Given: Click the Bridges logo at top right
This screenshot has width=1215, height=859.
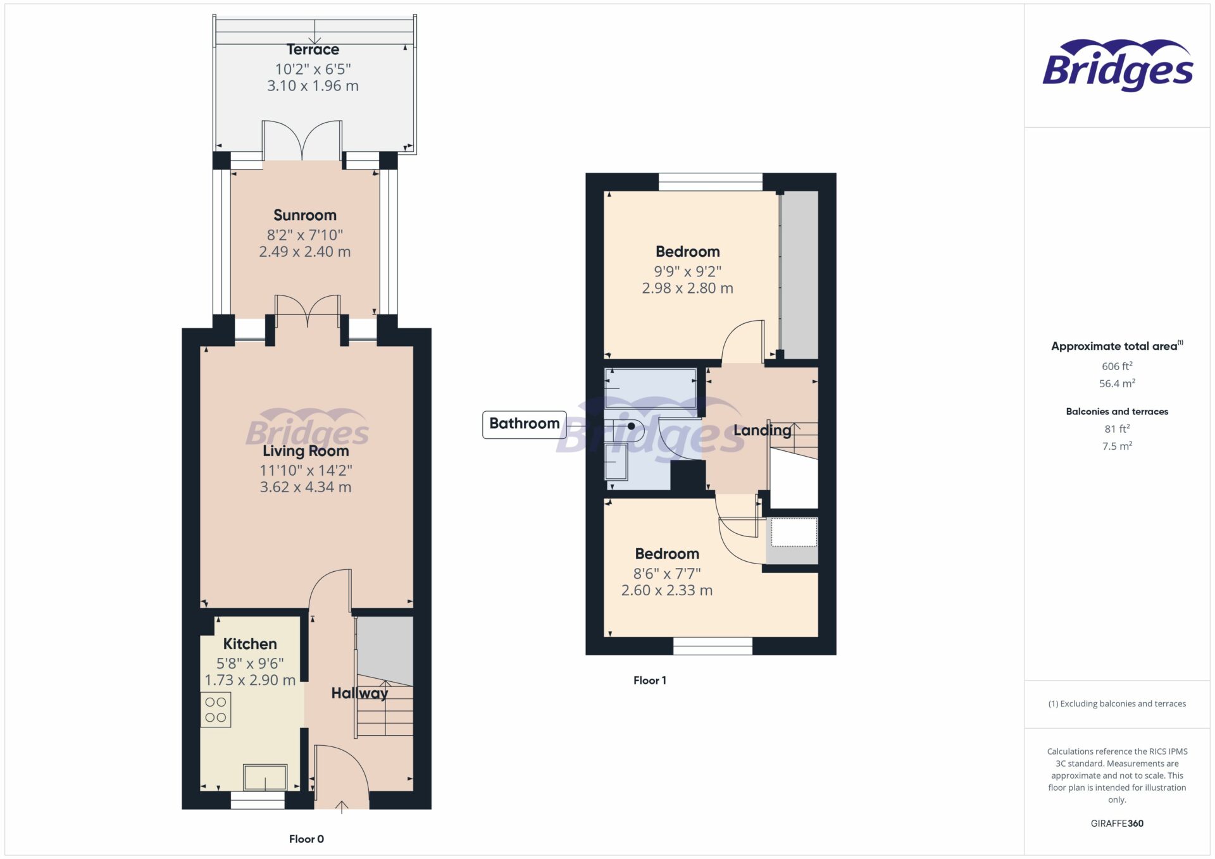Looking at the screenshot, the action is (1118, 65).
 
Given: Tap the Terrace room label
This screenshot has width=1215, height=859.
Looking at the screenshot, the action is (313, 49).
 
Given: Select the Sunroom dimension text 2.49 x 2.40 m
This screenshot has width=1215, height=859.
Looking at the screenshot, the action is (304, 252).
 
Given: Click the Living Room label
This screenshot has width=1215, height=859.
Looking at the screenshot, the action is (306, 451).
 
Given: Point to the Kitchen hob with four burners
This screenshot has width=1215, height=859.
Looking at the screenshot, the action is (216, 710).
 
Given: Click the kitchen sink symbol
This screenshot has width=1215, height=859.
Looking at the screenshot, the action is (265, 777).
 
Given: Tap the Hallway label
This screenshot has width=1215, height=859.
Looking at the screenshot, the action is (359, 693).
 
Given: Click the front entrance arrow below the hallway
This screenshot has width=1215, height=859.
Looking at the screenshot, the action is (341, 807).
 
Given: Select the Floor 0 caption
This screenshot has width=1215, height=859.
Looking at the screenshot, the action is (306, 839).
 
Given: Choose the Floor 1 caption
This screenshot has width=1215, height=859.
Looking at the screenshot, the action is (649, 681).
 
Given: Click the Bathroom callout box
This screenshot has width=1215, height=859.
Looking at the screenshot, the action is (524, 424).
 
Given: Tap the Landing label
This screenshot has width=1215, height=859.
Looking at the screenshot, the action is (762, 431).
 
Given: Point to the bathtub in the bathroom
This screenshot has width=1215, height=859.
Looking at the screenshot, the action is (651, 388).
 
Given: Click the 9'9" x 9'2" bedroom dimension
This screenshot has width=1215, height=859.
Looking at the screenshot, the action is (687, 272).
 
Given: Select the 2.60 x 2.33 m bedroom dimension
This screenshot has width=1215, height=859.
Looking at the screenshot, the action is (667, 591).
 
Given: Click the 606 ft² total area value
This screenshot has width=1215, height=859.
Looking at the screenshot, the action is (1117, 366).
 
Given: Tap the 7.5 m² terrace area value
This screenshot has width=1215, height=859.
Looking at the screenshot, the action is (1117, 446).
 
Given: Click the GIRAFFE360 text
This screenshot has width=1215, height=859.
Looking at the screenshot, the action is (1117, 824).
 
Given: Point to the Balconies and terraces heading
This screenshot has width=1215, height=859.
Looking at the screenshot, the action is (1117, 412).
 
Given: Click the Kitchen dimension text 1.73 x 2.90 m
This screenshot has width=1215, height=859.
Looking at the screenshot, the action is (250, 681).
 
